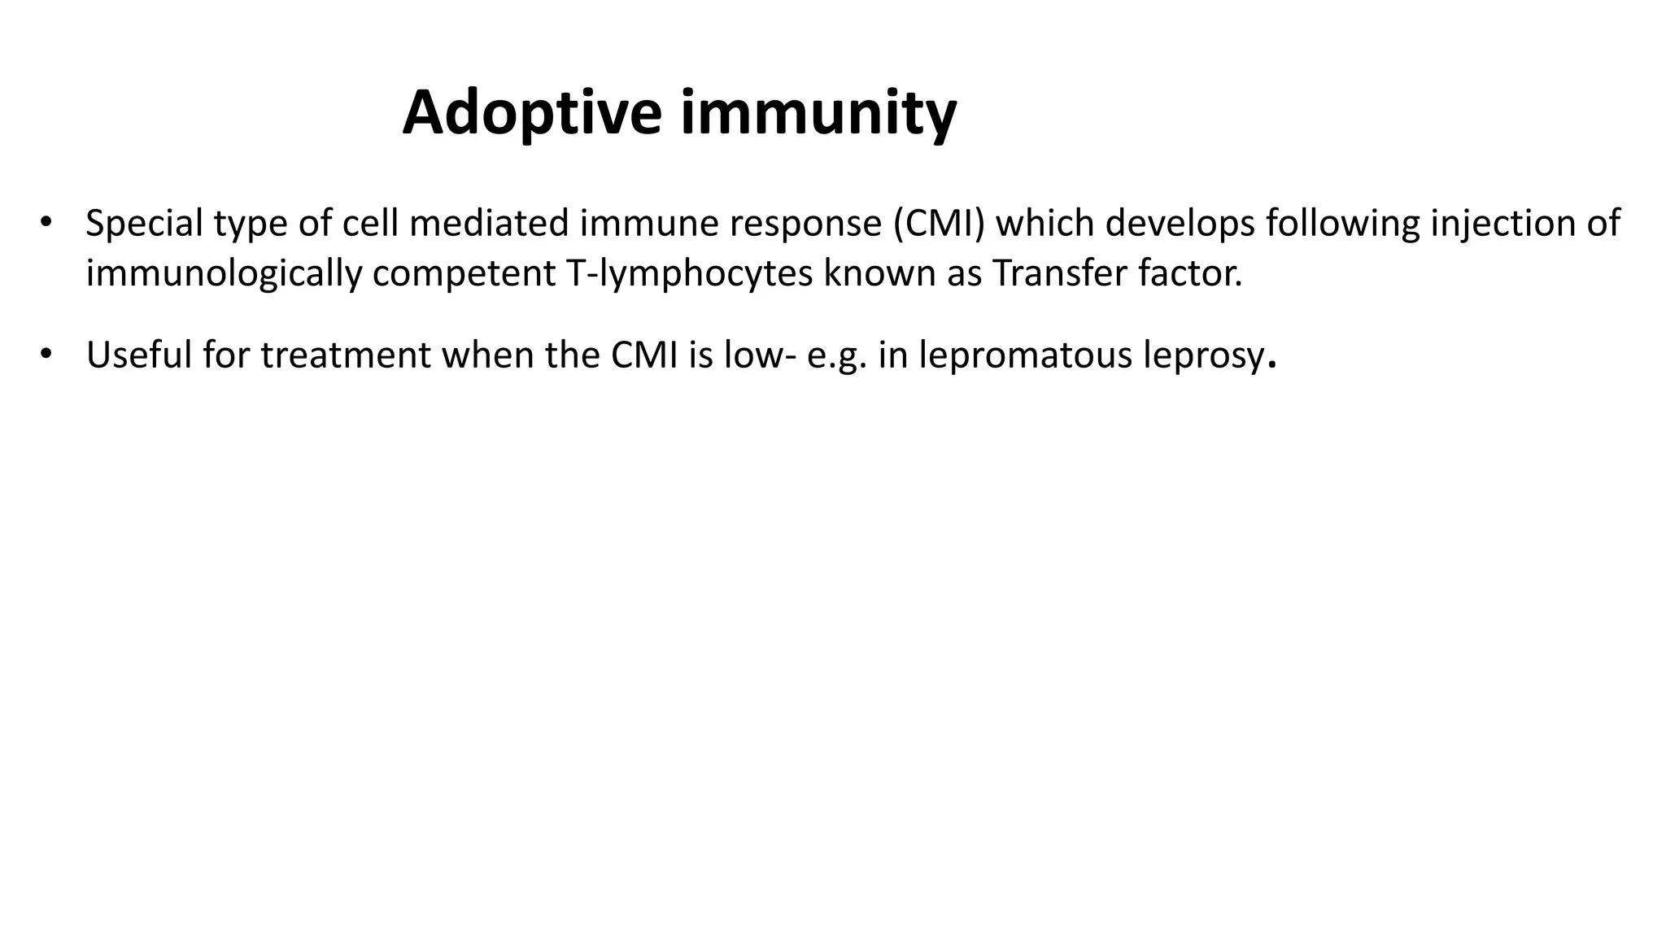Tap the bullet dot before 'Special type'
point(46,222)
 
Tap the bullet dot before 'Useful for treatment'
point(46,354)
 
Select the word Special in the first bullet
point(144,224)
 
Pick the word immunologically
point(224,274)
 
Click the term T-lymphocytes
point(687,274)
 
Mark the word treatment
point(345,355)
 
